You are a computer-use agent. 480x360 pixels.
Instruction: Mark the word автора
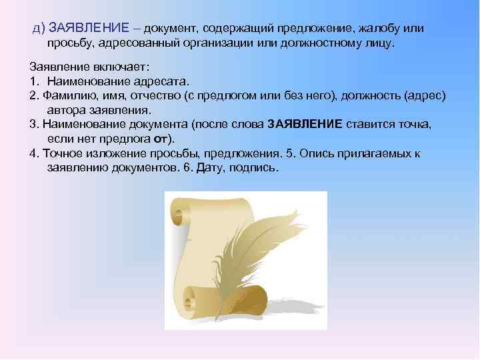65,110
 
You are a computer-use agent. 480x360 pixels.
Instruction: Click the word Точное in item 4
59,153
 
